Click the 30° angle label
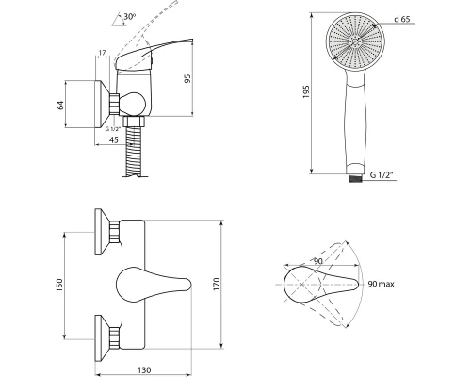click(130, 16)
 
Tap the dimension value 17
click(102, 53)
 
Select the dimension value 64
click(60, 105)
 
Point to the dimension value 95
click(187, 78)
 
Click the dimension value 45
click(114, 139)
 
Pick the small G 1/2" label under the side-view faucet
click(113, 129)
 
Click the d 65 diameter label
click(402, 19)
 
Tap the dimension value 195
click(306, 91)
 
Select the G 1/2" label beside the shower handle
click(382, 174)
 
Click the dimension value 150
click(59, 286)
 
